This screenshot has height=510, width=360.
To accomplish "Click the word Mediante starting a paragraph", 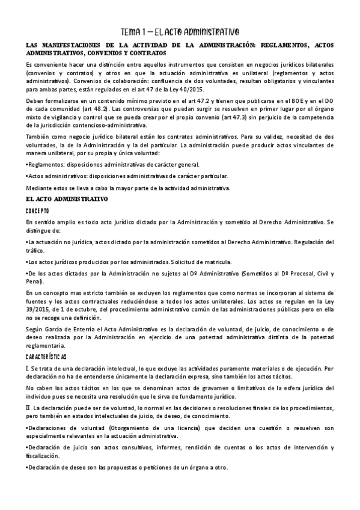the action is click(x=38, y=188).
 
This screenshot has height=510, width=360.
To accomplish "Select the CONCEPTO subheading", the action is click(x=37, y=210).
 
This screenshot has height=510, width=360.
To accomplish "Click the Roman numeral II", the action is click(x=29, y=407).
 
